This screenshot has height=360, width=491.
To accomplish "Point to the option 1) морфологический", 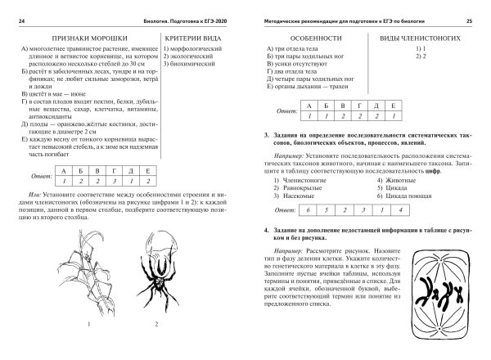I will click(x=194, y=51).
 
